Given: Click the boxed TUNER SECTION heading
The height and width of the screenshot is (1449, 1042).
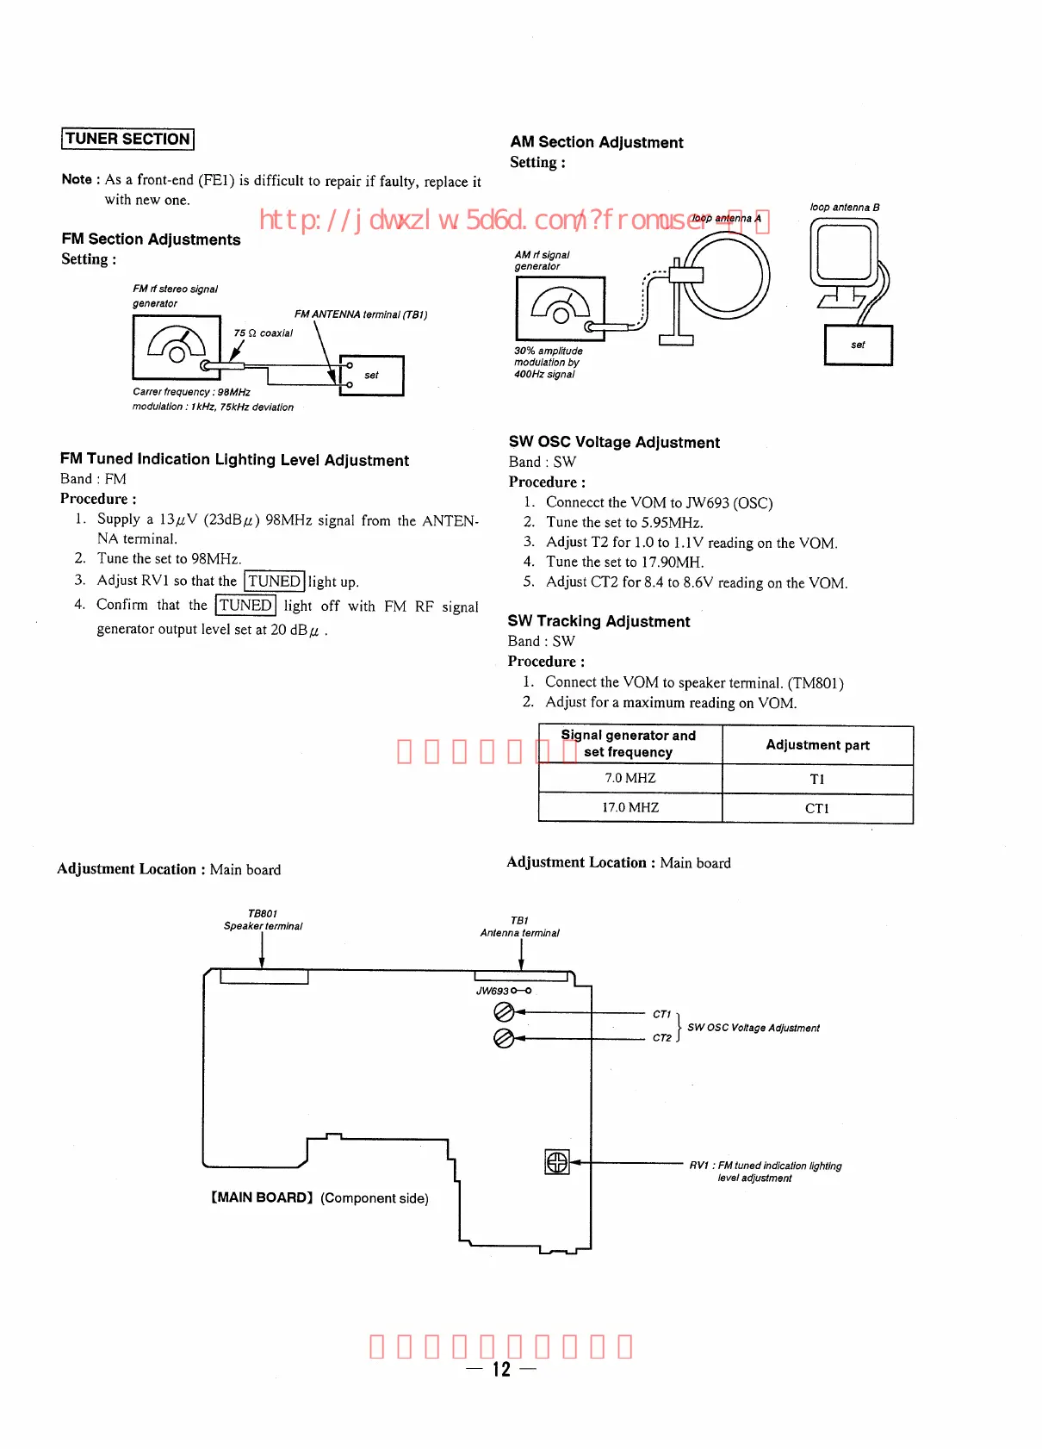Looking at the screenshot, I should [127, 139].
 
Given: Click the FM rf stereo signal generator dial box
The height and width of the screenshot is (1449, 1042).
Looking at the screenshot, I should [177, 347].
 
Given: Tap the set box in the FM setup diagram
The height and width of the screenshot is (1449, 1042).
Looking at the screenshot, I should [372, 376].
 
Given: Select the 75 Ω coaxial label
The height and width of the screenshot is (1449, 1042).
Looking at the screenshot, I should [263, 333].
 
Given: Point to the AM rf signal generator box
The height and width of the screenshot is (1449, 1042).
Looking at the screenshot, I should [560, 308].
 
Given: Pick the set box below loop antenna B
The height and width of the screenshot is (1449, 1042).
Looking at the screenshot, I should [858, 345].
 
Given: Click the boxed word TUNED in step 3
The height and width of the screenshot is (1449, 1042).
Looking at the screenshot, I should [274, 581].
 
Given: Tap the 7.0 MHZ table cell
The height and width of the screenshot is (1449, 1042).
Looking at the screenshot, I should [630, 779].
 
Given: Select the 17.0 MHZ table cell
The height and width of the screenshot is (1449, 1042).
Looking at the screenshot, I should [630, 808].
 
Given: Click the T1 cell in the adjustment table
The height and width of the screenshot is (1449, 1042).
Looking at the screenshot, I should [817, 779].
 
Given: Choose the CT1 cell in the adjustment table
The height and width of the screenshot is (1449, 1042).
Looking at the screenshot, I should [817, 808].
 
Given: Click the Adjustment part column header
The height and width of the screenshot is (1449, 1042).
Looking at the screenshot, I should [817, 745].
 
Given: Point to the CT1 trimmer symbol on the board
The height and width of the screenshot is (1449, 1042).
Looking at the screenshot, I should [504, 1013].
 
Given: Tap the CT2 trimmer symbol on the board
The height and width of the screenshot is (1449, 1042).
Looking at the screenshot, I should [504, 1038].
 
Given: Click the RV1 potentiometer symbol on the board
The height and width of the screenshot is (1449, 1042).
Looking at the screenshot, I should [557, 1162].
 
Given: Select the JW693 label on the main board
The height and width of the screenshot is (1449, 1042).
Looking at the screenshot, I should [493, 991].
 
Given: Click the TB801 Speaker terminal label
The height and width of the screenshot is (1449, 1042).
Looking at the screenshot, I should [263, 920].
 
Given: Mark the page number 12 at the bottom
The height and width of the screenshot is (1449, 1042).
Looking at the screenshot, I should [501, 1369].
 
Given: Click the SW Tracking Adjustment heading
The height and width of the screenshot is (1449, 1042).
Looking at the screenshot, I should [599, 621].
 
